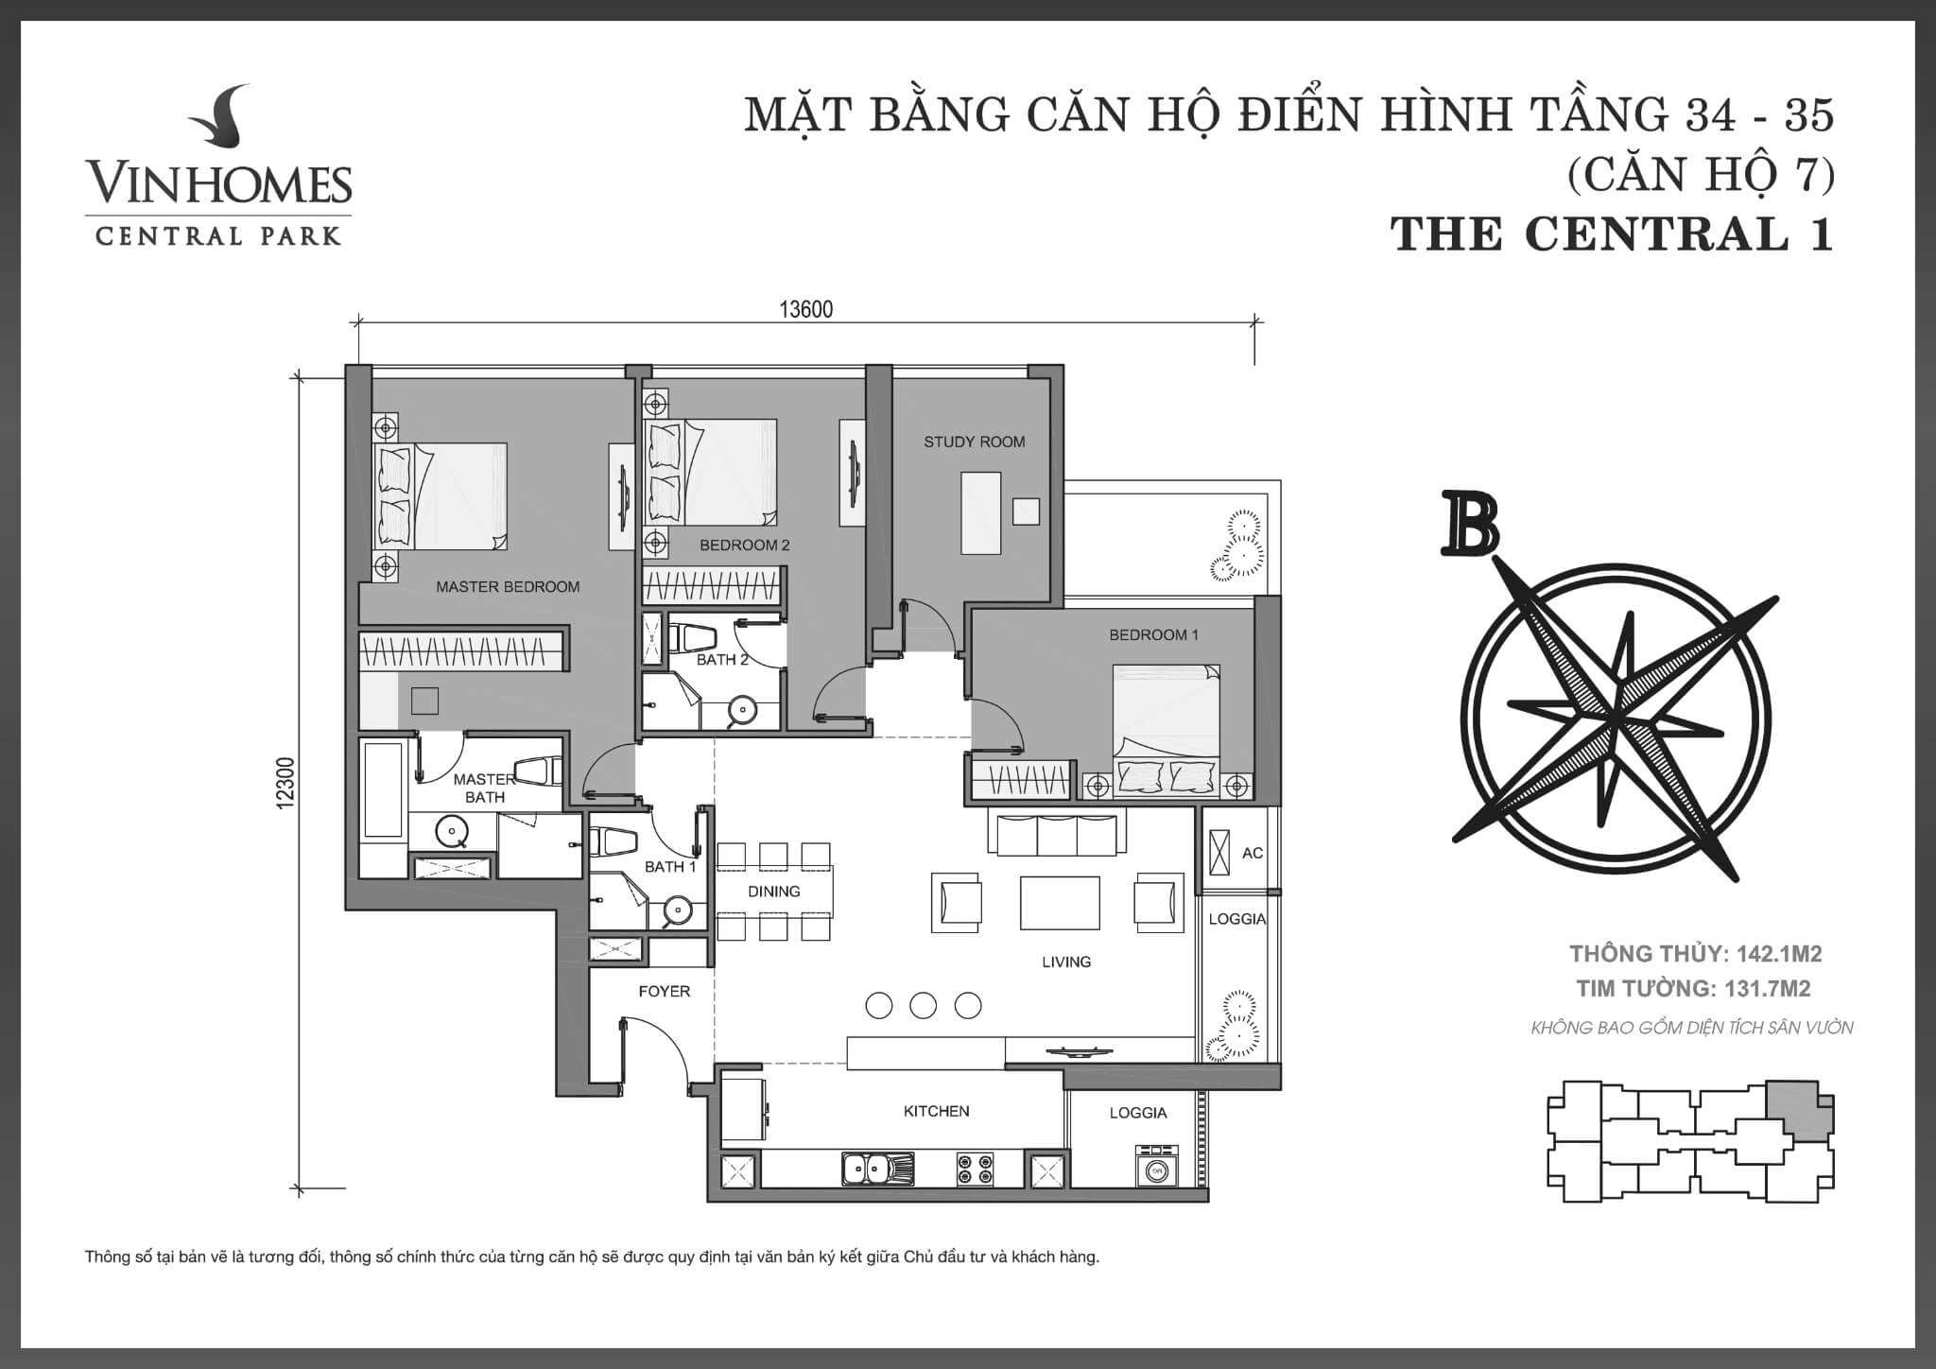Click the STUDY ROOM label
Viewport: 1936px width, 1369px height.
click(974, 442)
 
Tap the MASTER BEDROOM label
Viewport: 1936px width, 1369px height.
click(508, 587)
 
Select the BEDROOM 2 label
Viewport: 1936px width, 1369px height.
click(744, 546)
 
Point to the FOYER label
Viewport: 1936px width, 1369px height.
click(664, 991)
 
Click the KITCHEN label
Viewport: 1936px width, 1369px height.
click(936, 1111)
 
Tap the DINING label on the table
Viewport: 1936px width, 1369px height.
click(773, 892)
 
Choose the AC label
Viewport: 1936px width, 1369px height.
click(1252, 853)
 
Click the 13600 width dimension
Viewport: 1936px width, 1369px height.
click(805, 310)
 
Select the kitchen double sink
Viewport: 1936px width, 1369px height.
click(878, 1169)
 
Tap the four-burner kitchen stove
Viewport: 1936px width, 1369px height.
click(976, 1169)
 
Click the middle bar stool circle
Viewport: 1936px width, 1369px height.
click(924, 1005)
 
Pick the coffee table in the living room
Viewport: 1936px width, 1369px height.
click(1060, 902)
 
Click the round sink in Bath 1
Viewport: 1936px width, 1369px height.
click(677, 910)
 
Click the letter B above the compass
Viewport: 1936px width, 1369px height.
click(1470, 522)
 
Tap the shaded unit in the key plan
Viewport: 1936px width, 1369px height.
click(1800, 1112)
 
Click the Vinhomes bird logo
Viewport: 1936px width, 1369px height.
click(219, 122)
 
